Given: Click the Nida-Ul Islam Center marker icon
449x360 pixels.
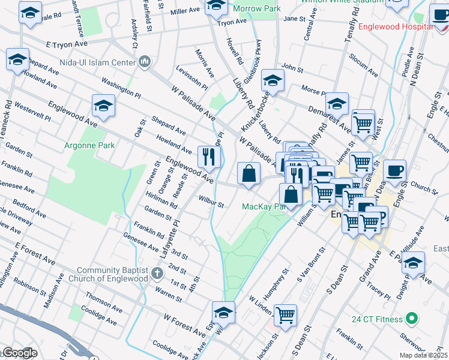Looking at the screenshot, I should pyautogui.click(x=145, y=61).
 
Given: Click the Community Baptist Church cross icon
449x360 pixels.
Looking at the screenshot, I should pyautogui.click(x=157, y=274).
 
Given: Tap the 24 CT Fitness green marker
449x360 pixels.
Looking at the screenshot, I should pyautogui.click(x=411, y=319).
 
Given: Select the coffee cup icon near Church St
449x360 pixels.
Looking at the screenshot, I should pyautogui.click(x=394, y=170).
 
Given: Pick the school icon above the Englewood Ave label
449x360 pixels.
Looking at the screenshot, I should pyautogui.click(x=103, y=106).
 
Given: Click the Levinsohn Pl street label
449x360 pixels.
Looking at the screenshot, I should pyautogui.click(x=191, y=79).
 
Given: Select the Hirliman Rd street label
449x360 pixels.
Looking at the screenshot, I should pyautogui.click(x=160, y=199).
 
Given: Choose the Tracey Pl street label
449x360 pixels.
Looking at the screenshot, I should pyautogui.click(x=379, y=290).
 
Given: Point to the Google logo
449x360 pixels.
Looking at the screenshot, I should pyautogui.click(x=20, y=353).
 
